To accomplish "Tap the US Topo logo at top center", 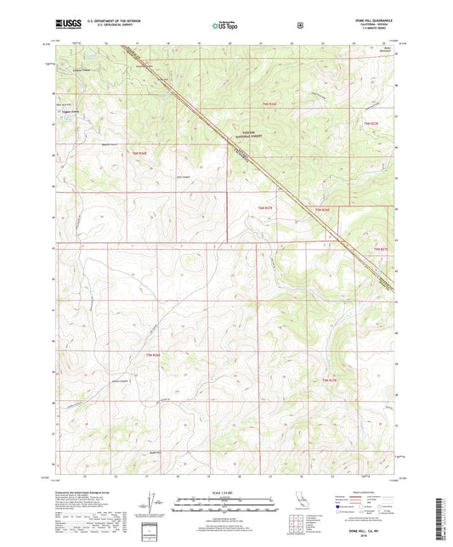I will coord(226,25).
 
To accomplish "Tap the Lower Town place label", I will coord(82,70).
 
